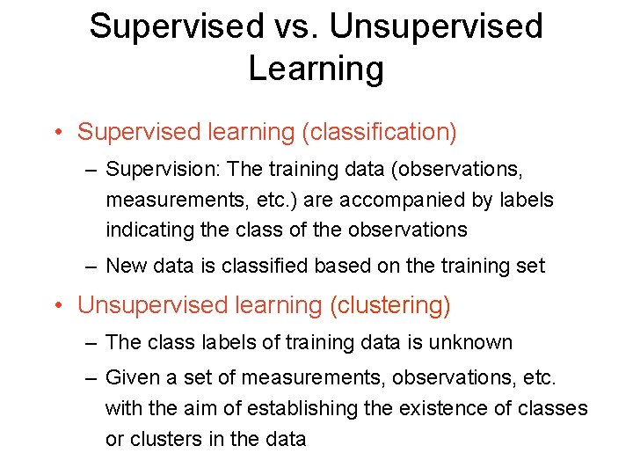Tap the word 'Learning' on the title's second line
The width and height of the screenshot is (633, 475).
click(316, 69)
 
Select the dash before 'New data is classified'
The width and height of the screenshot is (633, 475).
click(91, 266)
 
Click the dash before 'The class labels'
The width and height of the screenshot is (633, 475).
click(91, 342)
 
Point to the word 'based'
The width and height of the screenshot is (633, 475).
click(350, 265)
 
